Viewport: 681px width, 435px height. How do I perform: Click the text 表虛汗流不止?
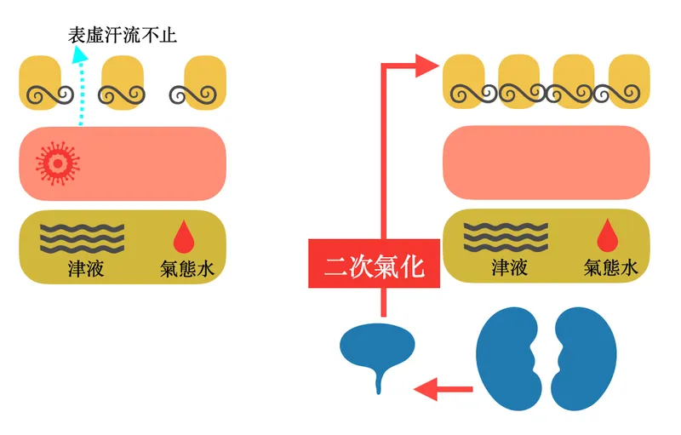123,36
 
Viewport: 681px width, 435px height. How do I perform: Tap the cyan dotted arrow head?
79,55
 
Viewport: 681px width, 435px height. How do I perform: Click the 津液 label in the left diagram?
86,268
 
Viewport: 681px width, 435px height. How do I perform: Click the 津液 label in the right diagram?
509,268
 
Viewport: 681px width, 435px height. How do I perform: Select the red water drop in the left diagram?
183,234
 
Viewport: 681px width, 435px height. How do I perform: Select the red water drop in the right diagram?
607,234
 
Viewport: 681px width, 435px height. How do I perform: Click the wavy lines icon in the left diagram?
83,235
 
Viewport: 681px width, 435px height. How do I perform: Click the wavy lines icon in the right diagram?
506,235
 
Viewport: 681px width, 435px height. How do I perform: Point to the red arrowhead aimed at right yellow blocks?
426,66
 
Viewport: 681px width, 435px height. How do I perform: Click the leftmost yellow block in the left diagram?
41,83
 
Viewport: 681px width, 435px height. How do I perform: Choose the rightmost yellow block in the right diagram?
629,83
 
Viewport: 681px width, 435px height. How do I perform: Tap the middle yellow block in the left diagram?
123,83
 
